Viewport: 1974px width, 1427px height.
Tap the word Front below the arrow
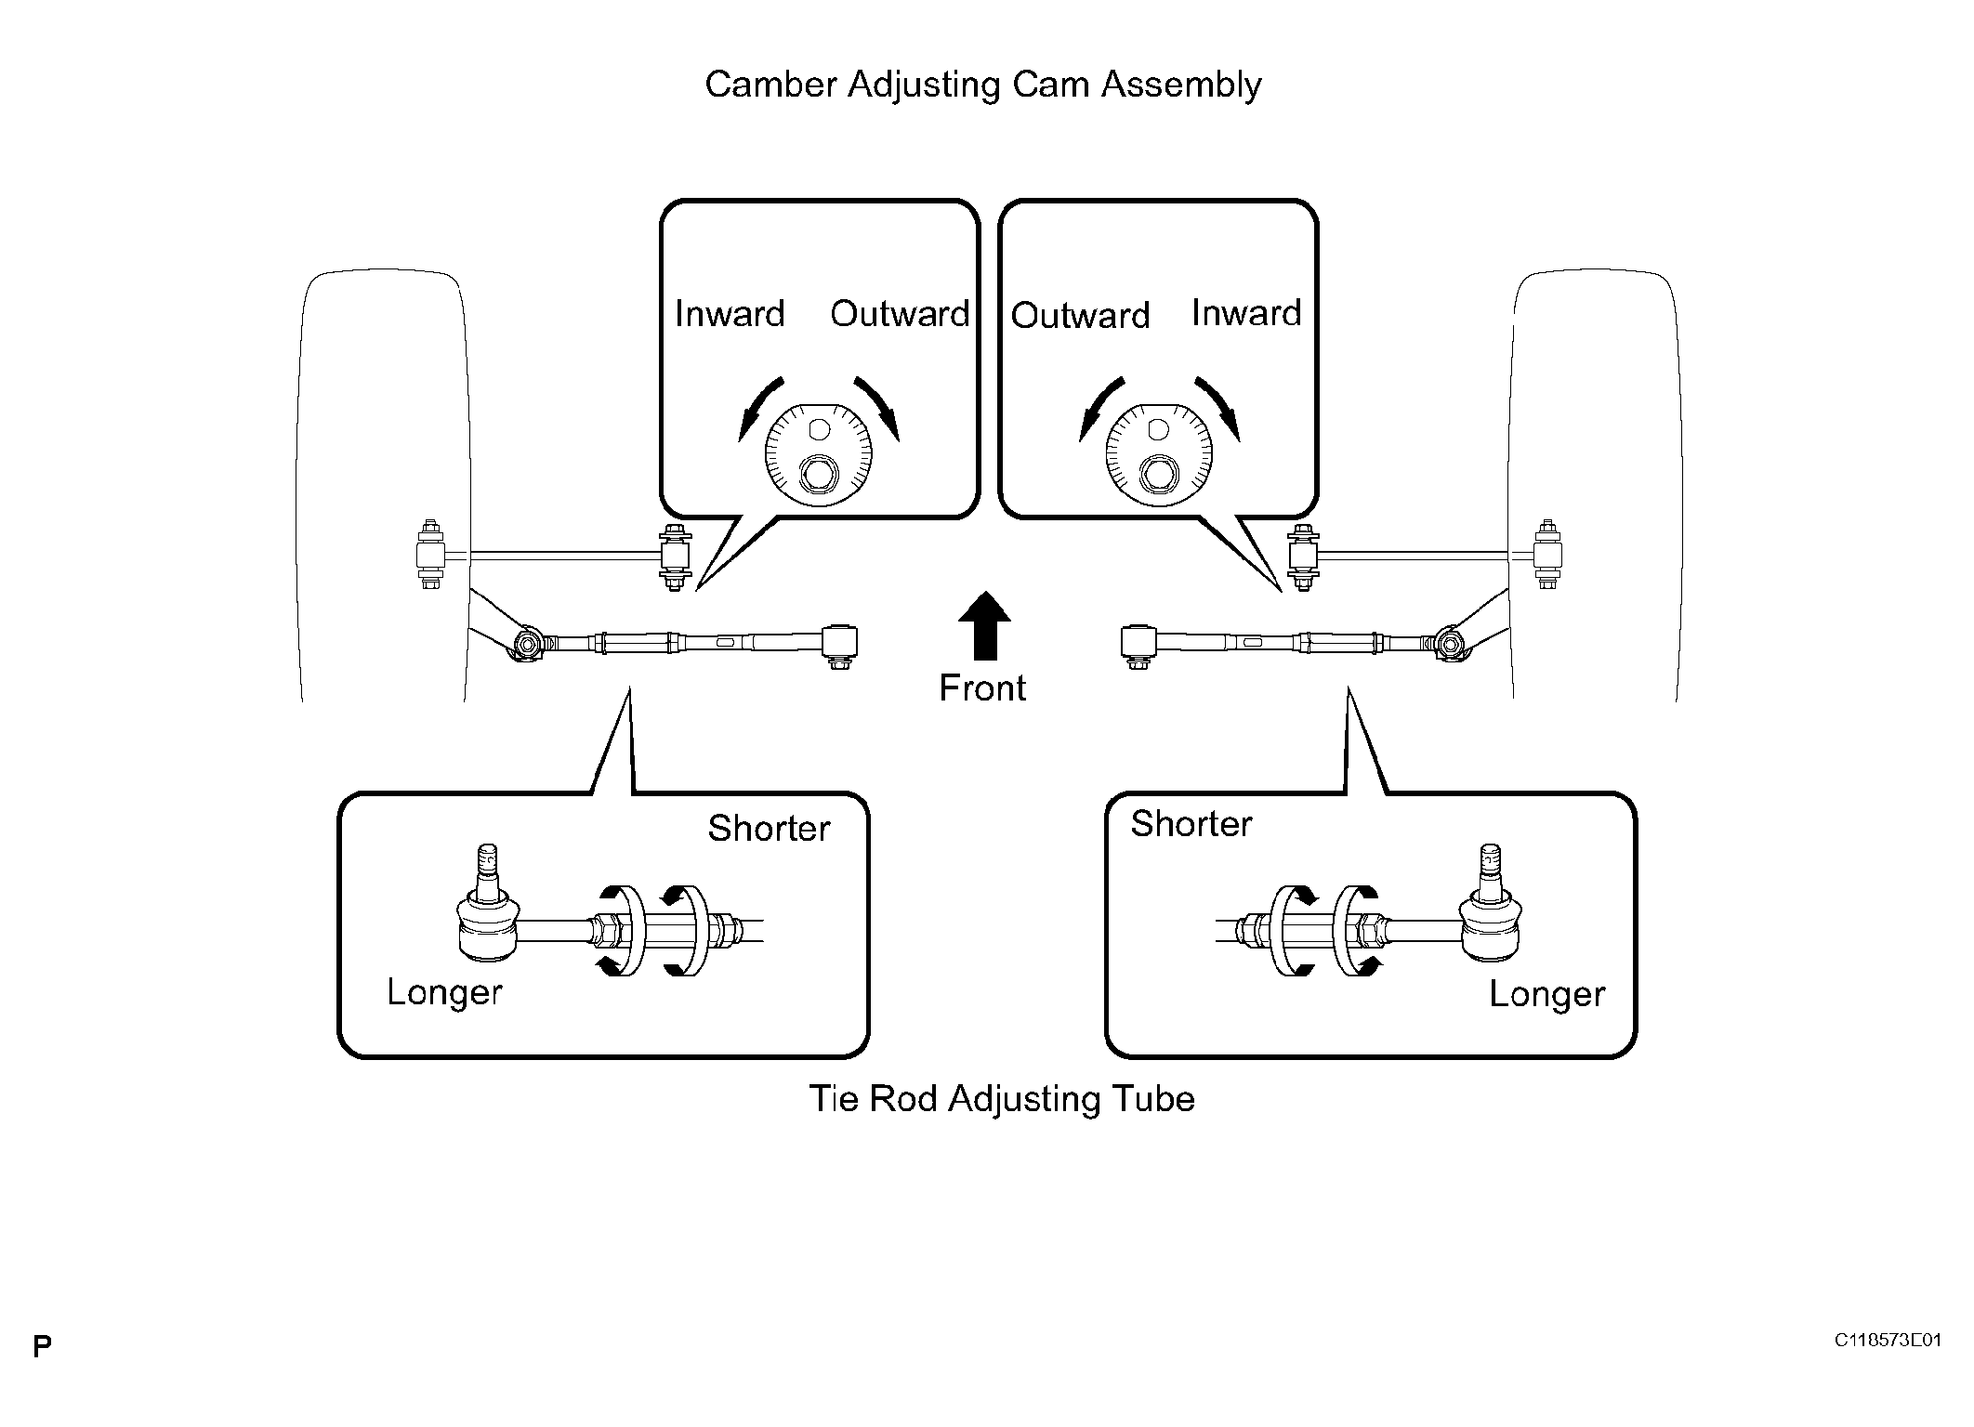pos(982,688)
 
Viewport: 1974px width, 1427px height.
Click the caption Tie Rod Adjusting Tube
pos(1002,1100)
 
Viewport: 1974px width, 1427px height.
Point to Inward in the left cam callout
pos(730,314)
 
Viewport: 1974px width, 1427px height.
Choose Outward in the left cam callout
pos(900,314)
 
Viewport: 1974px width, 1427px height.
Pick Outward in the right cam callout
pos(1080,316)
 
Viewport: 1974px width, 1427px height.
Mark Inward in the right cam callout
pos(1246,313)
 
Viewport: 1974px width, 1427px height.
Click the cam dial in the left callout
pos(819,456)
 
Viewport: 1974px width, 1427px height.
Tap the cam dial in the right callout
pos(1159,456)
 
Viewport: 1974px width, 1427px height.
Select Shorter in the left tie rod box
pos(769,829)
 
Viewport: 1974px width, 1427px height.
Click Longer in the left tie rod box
pos(444,993)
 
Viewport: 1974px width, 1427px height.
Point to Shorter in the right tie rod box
pos(1191,824)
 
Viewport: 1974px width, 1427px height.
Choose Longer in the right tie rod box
pos(1546,995)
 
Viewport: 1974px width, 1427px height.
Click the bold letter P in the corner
pos(42,1347)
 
